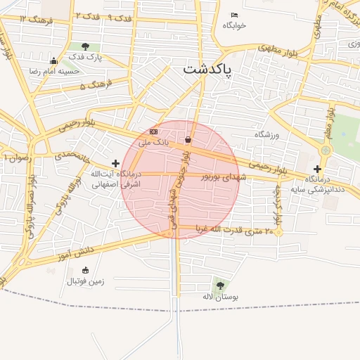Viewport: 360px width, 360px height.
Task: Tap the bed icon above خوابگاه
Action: (x=235, y=15)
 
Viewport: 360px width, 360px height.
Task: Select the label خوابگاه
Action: (x=235, y=25)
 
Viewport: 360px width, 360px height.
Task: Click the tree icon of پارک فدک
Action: (x=85, y=46)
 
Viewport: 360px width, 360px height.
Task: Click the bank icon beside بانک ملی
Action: (x=154, y=131)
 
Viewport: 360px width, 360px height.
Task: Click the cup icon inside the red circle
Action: (x=188, y=141)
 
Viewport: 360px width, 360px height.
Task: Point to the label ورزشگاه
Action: (x=266, y=134)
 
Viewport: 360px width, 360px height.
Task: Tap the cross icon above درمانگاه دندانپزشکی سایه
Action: (x=317, y=169)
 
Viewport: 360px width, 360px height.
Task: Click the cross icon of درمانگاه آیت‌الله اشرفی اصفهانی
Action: (x=115, y=163)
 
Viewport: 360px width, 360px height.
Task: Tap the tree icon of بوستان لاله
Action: (x=220, y=285)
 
